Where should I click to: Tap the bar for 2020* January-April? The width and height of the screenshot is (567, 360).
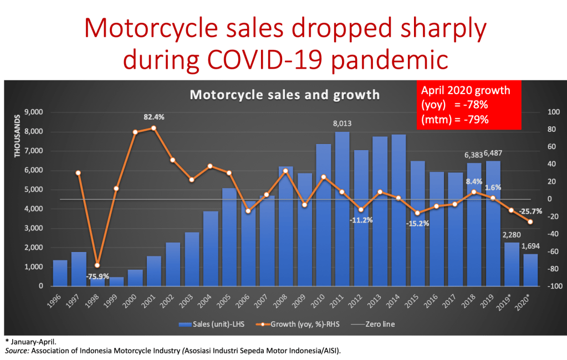[530, 270]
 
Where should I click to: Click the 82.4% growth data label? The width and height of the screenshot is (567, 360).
[154, 117]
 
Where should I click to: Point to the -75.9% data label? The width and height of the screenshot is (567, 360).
[98, 276]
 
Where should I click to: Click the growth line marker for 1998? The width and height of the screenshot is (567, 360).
[98, 265]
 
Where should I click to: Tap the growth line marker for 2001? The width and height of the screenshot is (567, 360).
[154, 128]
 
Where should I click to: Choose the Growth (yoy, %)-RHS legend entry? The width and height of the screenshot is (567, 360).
[294, 324]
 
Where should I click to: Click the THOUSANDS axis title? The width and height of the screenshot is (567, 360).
[17, 136]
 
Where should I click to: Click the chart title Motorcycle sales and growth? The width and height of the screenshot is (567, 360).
[285, 95]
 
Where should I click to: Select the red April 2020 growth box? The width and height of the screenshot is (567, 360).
[469, 105]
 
